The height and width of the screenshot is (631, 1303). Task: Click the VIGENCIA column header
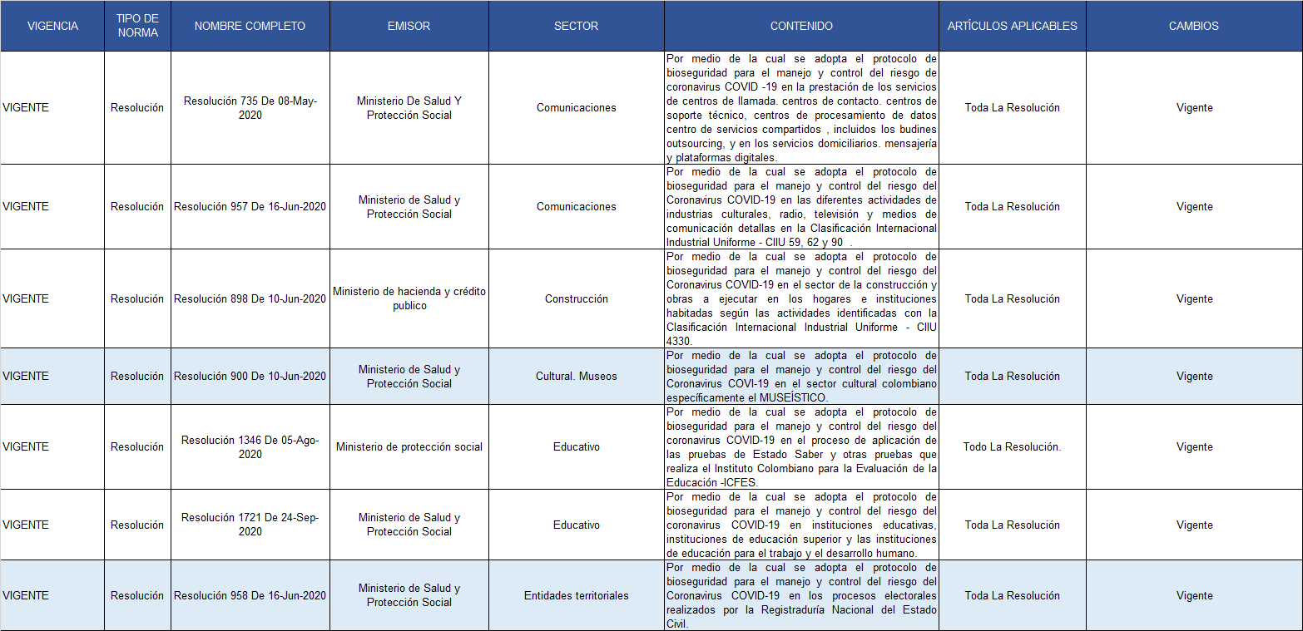[52, 26]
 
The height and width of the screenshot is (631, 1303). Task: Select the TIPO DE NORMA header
[137, 26]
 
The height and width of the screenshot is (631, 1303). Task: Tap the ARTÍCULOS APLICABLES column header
[1012, 26]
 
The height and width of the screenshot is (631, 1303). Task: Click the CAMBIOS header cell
[1193, 26]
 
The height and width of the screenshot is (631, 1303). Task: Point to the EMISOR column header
[409, 26]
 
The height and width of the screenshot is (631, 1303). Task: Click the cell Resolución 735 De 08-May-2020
[250, 108]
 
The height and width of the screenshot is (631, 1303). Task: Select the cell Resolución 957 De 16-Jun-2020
[250, 207]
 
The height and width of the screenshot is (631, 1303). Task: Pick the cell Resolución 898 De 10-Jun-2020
[250, 299]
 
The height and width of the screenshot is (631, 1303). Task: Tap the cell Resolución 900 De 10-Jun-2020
[250, 377]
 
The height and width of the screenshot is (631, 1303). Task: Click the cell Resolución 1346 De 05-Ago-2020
[250, 447]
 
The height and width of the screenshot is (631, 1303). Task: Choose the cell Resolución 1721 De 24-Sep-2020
[250, 525]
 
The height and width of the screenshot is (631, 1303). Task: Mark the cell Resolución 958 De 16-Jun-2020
[250, 595]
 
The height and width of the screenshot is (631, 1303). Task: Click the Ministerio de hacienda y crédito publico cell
[409, 299]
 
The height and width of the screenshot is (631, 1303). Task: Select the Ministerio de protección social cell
[409, 447]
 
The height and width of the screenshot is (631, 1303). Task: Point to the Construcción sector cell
[576, 299]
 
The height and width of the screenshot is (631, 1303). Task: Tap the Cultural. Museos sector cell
[576, 377]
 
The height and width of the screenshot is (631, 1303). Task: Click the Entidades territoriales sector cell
[576, 595]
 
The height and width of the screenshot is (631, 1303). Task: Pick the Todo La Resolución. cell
[1012, 447]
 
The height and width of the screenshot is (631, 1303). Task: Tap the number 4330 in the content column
[679, 341]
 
